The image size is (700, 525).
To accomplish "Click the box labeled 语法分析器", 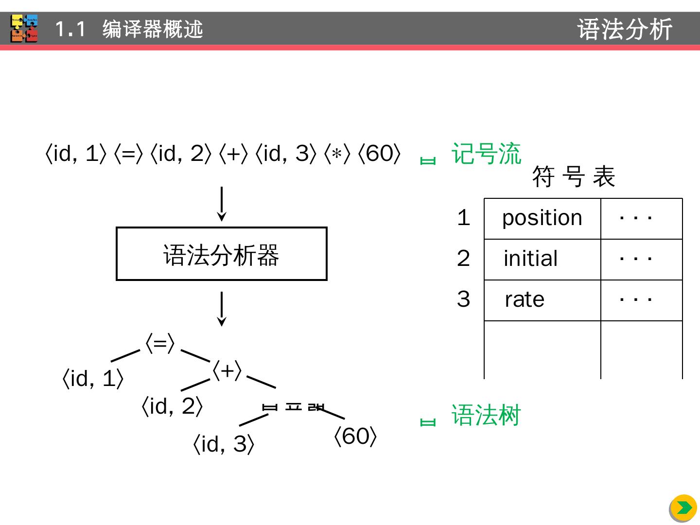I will pos(221,254).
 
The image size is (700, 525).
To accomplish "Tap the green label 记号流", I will pos(486,154).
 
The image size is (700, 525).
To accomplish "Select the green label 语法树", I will pos(486,416).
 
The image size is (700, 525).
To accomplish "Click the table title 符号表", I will pos(574,176).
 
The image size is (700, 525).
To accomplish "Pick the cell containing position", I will pos(542,218).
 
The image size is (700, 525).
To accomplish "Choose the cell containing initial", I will pos(542,259).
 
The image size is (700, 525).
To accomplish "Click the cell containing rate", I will pos(542,300).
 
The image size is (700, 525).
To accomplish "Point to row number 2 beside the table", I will pos(463,258).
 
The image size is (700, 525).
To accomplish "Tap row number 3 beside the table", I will pos(463,299).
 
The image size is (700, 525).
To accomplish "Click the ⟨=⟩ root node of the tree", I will pos(160,344).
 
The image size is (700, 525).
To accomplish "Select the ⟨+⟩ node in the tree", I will pos(227,371).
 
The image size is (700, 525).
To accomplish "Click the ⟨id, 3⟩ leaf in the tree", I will pos(224,444).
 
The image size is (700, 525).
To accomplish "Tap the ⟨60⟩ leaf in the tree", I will pos(355,437).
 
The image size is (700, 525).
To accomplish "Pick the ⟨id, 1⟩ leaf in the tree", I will pos(93,379).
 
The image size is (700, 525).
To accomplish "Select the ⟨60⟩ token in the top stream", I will pos(379,154).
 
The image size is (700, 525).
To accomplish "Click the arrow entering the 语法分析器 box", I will pos(222,204).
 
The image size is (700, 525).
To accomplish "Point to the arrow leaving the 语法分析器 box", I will pos(222,309).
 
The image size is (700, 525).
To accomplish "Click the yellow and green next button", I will pos(683,508).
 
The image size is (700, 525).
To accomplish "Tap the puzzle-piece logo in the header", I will pos(24,29).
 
